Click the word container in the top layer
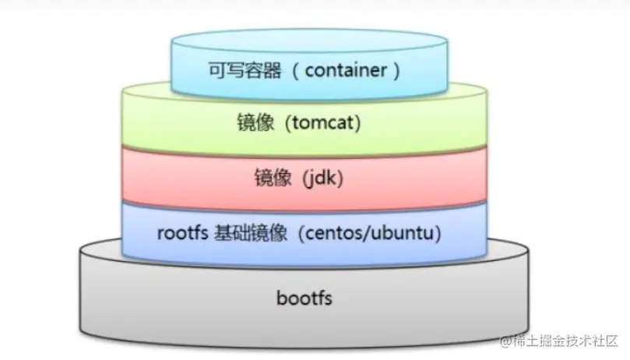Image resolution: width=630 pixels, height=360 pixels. [x=346, y=71]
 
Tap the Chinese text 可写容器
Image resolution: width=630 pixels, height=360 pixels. [x=234, y=71]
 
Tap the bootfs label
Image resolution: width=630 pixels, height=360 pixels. [x=304, y=298]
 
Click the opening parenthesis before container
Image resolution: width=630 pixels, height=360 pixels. [x=295, y=71]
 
